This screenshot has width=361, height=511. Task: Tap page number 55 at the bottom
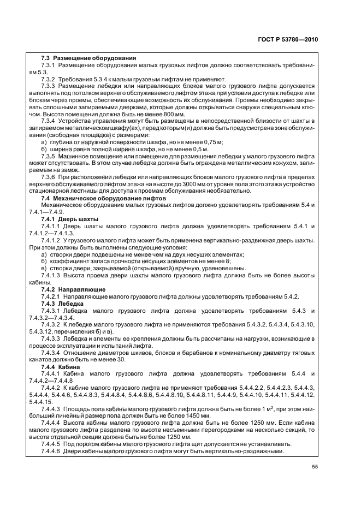[x=315, y=467]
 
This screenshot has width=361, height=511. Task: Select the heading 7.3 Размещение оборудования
[x=89, y=58]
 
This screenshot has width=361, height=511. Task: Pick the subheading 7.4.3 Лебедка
[x=63, y=303]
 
